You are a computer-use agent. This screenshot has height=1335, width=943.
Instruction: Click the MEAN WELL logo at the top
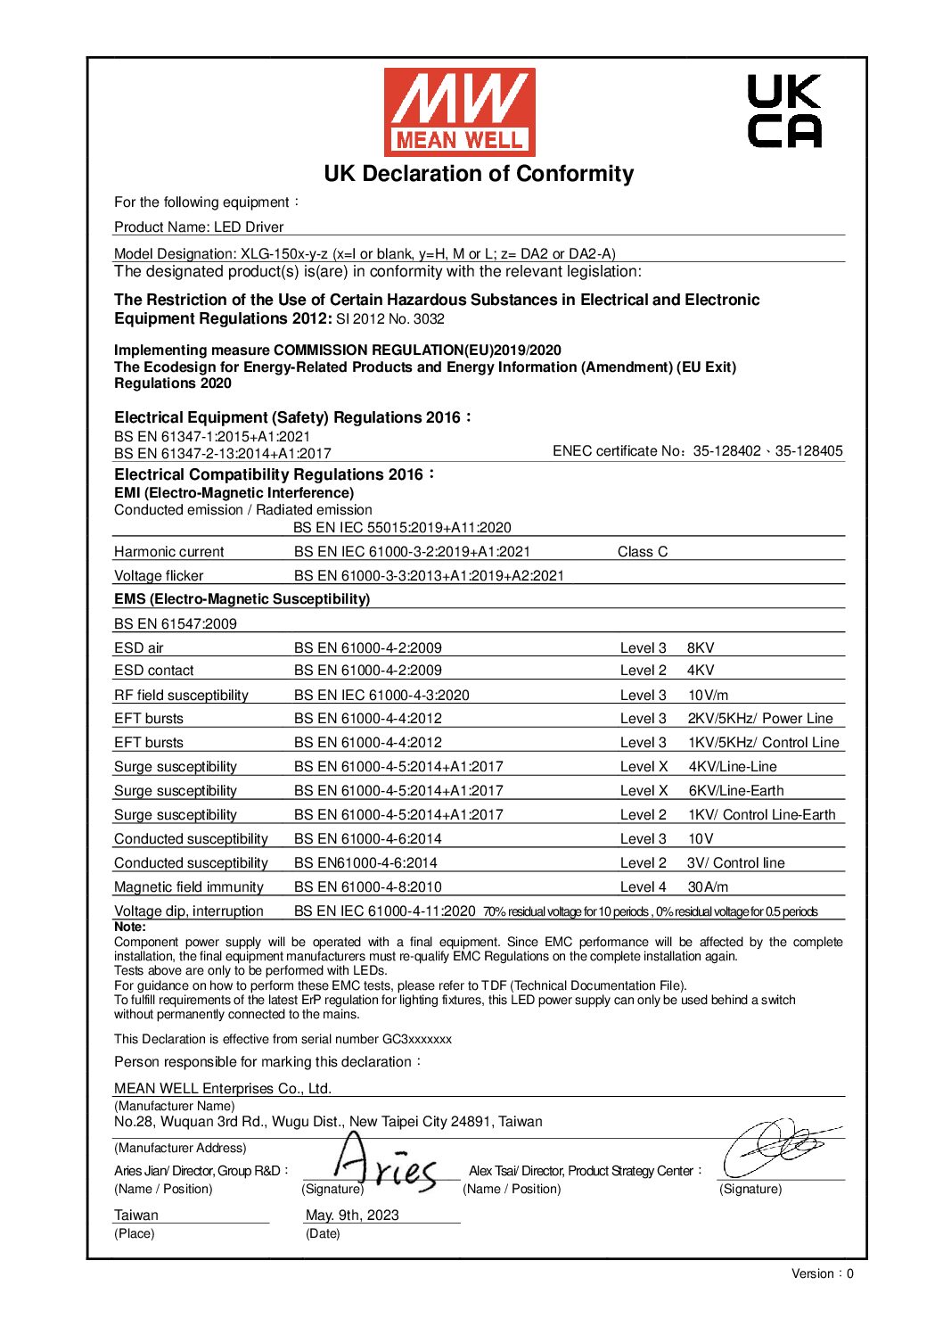459,112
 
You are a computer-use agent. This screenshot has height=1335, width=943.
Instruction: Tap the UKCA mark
783,111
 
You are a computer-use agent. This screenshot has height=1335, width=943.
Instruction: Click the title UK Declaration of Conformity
479,174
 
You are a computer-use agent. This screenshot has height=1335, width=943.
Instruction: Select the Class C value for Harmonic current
642,552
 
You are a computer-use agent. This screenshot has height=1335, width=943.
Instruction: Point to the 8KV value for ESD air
701,648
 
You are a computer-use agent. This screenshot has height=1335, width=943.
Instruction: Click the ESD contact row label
153,671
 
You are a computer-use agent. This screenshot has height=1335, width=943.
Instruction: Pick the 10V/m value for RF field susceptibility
708,696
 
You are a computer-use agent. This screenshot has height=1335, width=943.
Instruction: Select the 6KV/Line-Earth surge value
736,791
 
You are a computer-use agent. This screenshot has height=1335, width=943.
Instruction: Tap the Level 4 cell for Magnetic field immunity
643,887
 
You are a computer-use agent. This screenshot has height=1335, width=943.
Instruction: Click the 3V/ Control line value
735,863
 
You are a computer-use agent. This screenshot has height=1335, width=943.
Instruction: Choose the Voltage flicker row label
159,576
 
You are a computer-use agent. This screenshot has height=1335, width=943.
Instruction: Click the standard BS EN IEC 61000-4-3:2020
381,696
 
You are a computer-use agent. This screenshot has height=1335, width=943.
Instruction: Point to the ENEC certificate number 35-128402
727,451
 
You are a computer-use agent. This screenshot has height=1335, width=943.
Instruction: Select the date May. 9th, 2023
352,1216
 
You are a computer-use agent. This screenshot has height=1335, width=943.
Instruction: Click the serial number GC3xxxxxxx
417,1040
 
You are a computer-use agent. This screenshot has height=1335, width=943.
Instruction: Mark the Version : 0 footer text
822,1273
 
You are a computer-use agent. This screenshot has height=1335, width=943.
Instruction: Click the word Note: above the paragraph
129,927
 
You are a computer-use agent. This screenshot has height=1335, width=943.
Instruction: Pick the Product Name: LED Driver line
199,227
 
